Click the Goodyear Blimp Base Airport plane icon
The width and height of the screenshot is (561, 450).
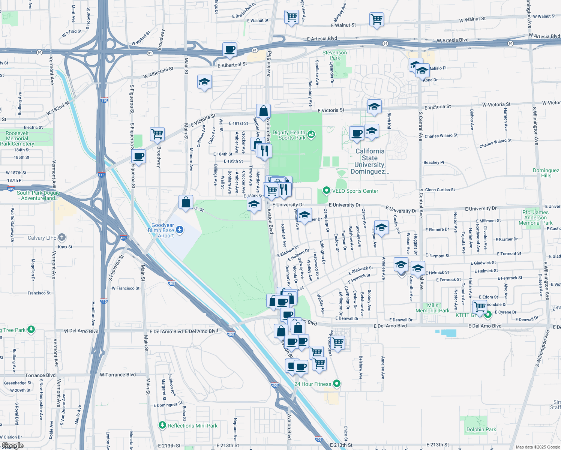[x=180, y=229]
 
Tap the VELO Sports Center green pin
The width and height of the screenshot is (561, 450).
[x=326, y=191]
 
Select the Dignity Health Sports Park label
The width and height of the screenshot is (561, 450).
[x=289, y=135]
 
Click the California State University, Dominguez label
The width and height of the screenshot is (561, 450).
[x=370, y=161]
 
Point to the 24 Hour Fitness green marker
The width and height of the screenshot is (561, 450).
[x=337, y=383]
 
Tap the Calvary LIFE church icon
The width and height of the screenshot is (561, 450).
[x=62, y=237]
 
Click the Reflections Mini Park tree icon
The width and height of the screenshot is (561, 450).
[x=162, y=425]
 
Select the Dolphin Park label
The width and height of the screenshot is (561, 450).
[x=481, y=429]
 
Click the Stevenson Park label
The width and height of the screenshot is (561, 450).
[x=334, y=55]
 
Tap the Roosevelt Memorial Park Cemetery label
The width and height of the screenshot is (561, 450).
[x=17, y=138]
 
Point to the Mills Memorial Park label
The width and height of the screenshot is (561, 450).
[x=432, y=308]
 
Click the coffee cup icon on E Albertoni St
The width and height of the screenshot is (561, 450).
[x=229, y=49]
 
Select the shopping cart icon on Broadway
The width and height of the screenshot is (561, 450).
[x=157, y=133]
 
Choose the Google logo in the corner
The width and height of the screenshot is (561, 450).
[x=12, y=445]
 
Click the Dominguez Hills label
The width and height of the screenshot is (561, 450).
[x=546, y=173]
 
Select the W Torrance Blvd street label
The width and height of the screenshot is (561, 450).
[x=118, y=375]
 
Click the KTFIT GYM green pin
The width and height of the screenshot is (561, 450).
[x=487, y=314]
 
